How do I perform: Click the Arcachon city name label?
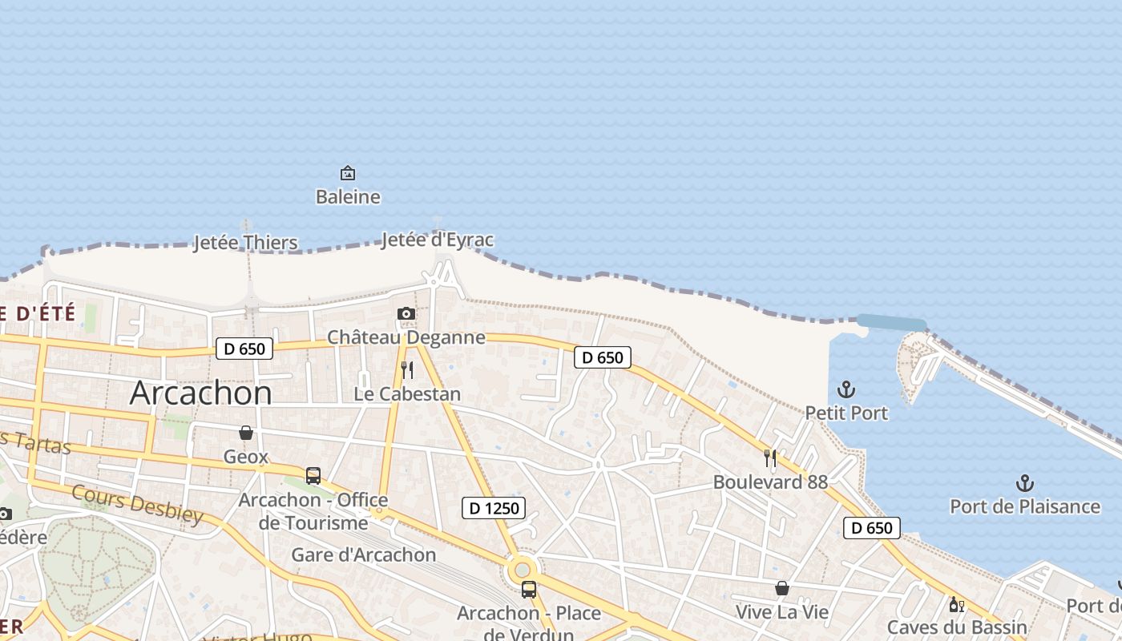pyautogui.click(x=200, y=393)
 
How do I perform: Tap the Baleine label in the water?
pyautogui.click(x=348, y=197)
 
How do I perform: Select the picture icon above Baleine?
pyautogui.click(x=348, y=172)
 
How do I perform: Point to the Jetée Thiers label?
pyautogui.click(x=245, y=243)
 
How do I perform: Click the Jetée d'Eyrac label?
pyautogui.click(x=438, y=240)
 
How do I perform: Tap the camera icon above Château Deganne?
pyautogui.click(x=406, y=313)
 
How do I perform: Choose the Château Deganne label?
pyautogui.click(x=406, y=337)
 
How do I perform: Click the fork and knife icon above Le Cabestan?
pyautogui.click(x=407, y=369)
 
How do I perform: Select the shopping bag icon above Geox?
pyautogui.click(x=246, y=433)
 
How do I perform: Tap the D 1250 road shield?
pyautogui.click(x=494, y=507)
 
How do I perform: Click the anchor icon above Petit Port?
pyautogui.click(x=846, y=389)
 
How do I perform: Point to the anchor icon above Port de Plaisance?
pyautogui.click(x=1024, y=483)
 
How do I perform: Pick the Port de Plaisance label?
pyautogui.click(x=1025, y=506)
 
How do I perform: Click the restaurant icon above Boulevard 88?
pyautogui.click(x=770, y=458)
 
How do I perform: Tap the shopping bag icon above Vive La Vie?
pyautogui.click(x=782, y=589)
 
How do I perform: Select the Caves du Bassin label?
pyautogui.click(x=957, y=627)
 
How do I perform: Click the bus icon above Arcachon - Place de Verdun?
pyautogui.click(x=529, y=590)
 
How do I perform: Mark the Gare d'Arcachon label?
pyautogui.click(x=364, y=554)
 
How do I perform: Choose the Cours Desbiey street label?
pyautogui.click(x=137, y=504)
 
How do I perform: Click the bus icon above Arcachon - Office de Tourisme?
pyautogui.click(x=313, y=476)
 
